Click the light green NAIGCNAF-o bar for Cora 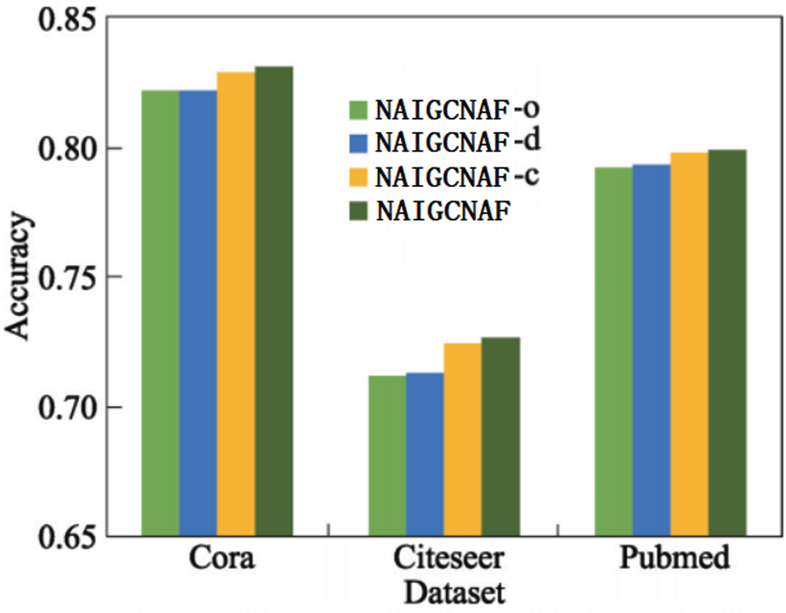coord(160,313)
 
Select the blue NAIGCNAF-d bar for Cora coord(198,313)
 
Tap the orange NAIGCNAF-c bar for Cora coord(236,304)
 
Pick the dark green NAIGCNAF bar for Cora coord(274,301)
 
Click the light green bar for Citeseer coord(387,455)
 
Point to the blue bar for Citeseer coord(425,454)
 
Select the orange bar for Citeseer coord(463,439)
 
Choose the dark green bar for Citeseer coord(501,436)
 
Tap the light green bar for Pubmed coord(614,351)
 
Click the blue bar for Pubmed coord(652,350)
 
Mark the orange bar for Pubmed coord(689,344)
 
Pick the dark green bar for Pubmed coord(727,343)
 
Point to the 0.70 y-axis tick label coord(69,408)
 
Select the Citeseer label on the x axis coord(449,558)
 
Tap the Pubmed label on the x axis coord(675,558)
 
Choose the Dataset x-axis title coord(455,593)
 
